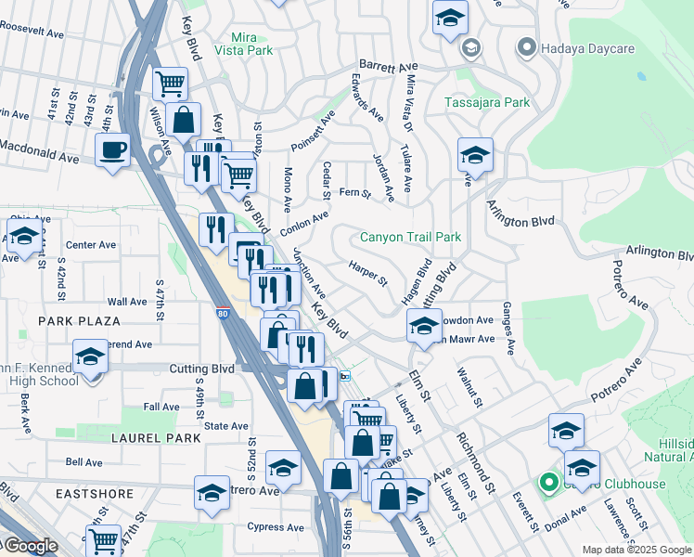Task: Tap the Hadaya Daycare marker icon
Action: click(527, 45)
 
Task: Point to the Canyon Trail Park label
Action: click(410, 238)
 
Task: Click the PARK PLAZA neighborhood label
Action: click(79, 321)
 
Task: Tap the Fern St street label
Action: click(355, 194)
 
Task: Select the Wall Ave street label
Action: click(127, 302)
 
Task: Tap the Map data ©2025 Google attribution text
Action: click(636, 550)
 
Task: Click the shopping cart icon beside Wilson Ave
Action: click(170, 84)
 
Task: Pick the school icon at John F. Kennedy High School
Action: click(90, 356)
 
